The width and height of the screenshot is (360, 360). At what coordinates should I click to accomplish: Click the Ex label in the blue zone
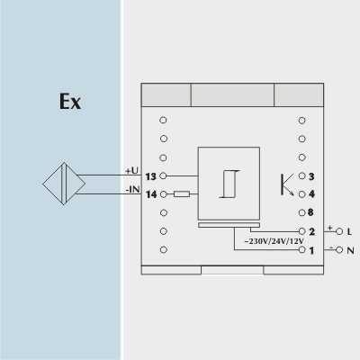click(70, 102)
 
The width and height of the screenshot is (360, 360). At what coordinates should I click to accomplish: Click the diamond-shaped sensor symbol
click(64, 184)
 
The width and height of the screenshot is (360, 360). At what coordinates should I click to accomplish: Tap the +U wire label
click(132, 170)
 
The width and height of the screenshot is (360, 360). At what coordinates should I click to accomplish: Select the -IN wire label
click(133, 189)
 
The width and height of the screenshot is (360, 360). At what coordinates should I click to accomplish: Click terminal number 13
click(151, 176)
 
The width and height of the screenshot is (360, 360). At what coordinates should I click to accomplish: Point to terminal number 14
click(151, 194)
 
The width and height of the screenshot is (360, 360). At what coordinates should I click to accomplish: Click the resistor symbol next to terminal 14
click(182, 194)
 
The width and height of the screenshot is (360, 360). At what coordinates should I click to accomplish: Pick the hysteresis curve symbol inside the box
click(229, 184)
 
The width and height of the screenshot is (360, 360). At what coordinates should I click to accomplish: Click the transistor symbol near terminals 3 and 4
click(287, 184)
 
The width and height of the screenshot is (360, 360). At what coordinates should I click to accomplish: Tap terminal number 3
click(311, 176)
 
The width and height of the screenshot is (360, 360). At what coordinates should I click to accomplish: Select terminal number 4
click(311, 194)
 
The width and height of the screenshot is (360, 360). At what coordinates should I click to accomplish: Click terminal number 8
click(310, 212)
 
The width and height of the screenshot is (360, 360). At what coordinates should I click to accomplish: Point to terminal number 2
click(311, 231)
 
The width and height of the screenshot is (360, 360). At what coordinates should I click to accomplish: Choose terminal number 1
click(311, 250)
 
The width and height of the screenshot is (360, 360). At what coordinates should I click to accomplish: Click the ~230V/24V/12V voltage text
click(274, 241)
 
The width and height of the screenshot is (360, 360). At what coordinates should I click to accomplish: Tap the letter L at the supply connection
click(349, 231)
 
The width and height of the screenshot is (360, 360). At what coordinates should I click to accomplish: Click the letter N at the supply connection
click(350, 250)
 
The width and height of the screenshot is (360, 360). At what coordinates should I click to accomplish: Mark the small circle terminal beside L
click(339, 231)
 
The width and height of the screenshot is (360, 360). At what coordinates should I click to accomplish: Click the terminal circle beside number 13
click(163, 175)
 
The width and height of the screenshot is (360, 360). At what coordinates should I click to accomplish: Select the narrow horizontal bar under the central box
click(229, 225)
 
